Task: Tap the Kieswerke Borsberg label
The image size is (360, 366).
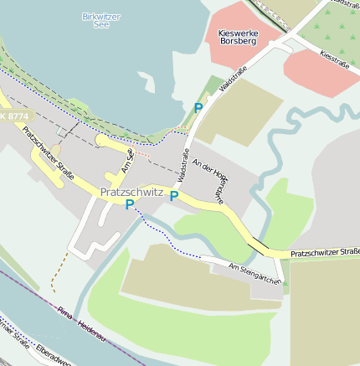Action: point(237,36)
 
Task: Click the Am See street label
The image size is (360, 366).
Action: point(127,158)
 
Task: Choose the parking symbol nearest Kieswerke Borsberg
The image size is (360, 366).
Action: point(198,108)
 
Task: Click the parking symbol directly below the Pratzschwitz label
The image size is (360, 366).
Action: point(130,204)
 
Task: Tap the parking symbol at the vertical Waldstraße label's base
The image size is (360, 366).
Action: point(174,196)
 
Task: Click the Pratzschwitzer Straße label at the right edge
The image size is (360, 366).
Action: point(325,252)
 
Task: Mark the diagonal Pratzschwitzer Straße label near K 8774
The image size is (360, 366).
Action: point(47,152)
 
